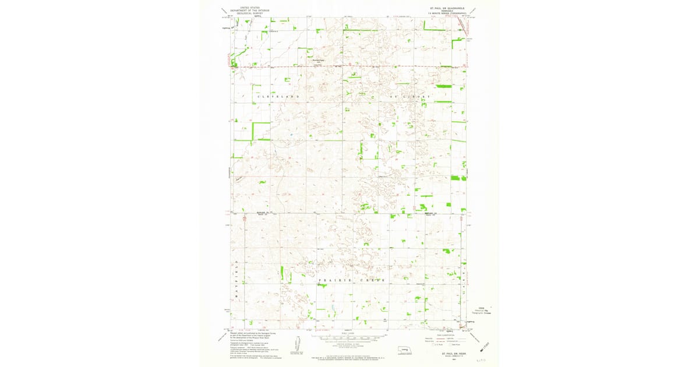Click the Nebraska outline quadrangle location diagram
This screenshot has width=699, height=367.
coord(401,351)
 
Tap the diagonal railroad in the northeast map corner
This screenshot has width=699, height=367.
coord(462,24)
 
